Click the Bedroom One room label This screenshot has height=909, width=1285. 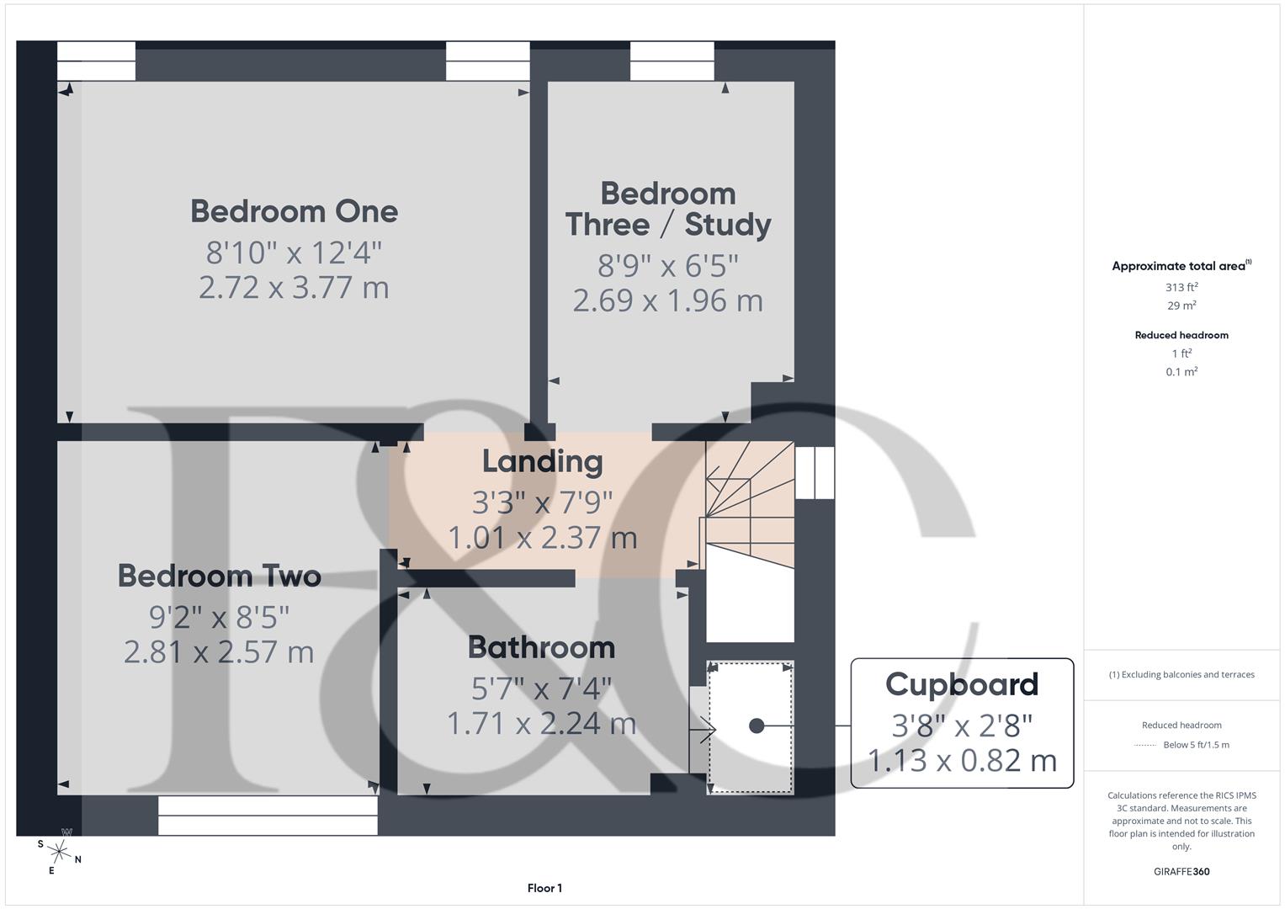294,211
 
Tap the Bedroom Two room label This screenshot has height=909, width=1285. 219,576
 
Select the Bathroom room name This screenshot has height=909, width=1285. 541,647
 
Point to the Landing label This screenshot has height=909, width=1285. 542,461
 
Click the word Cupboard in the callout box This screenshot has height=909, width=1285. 962,684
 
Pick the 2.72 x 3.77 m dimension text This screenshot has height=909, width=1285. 294,288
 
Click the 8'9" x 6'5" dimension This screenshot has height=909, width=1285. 667,265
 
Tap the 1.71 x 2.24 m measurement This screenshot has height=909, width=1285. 541,724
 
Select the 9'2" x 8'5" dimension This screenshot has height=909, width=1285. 219,617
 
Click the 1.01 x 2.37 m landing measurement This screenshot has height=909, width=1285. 542,537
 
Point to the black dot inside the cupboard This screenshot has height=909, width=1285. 757,726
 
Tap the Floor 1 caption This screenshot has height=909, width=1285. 544,888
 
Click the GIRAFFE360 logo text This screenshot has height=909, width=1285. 1181,871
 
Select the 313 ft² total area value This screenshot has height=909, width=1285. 1181,288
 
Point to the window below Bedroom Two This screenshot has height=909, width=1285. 268,816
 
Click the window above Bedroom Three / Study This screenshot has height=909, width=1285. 672,61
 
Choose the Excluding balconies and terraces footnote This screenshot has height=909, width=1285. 1181,674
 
